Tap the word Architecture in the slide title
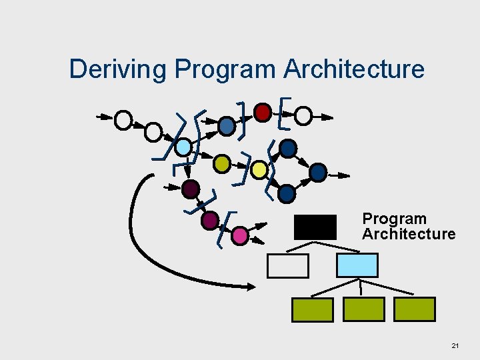point(353,69)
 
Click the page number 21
point(455,346)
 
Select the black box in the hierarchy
point(315,227)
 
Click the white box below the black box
point(288,266)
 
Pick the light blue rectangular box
point(357,265)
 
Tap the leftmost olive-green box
point(312,309)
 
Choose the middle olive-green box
point(363,309)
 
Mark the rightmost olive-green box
point(415,309)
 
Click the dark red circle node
point(263,111)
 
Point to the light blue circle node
point(183,146)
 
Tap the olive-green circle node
point(222,163)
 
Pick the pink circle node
point(240,235)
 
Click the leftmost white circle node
point(123,120)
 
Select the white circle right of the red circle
point(303,117)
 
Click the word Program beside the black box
point(394,219)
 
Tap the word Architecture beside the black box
point(409,234)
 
